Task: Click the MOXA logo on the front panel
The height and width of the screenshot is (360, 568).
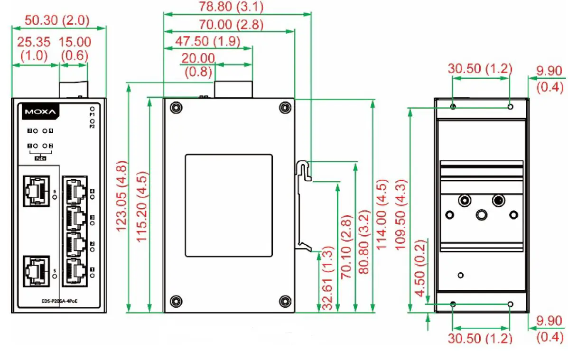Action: (40, 112)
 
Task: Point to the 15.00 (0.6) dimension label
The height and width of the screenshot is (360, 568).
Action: (74, 48)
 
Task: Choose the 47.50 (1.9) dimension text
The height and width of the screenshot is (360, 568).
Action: (207, 41)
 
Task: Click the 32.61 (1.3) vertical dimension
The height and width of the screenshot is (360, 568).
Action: (327, 277)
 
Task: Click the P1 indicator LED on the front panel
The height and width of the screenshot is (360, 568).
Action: (93, 109)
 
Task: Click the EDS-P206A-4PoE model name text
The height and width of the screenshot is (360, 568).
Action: (59, 301)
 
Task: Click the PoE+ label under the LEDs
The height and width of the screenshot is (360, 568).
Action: (41, 158)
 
